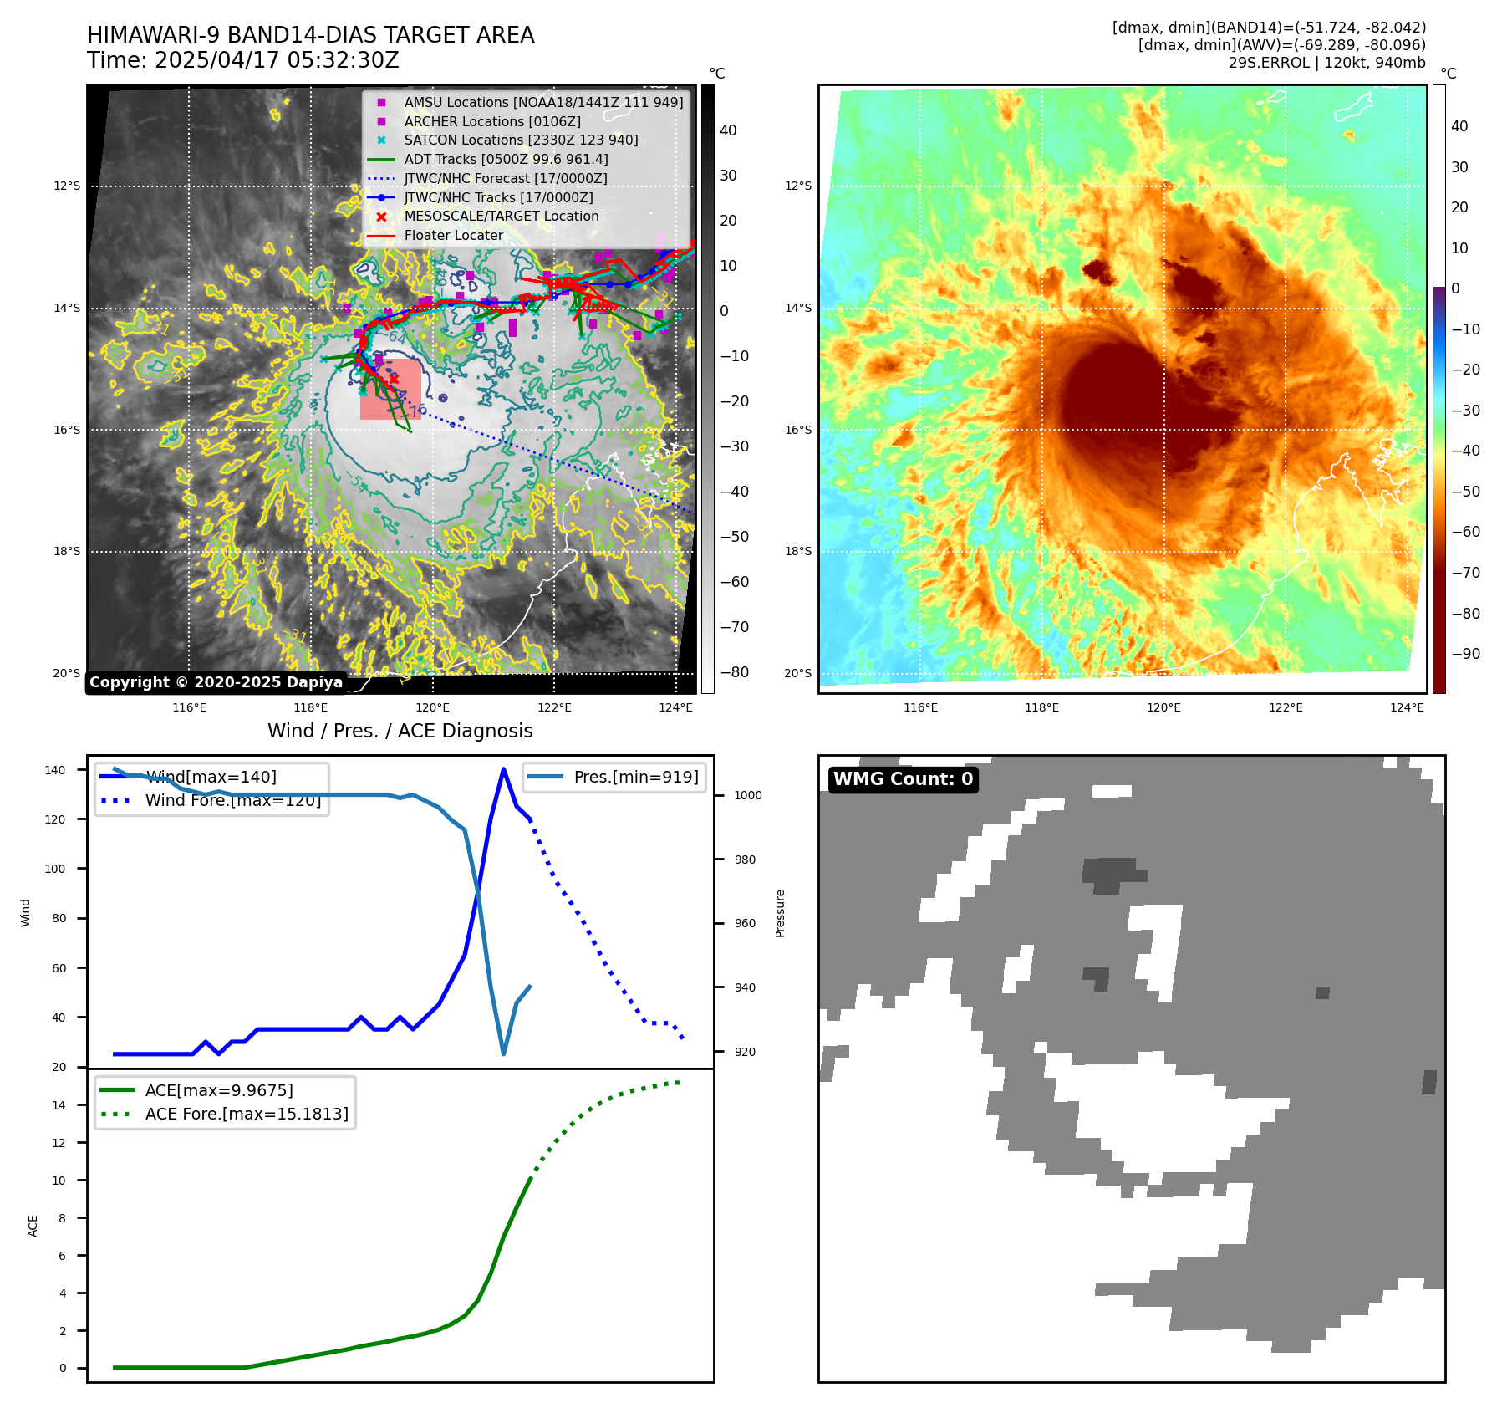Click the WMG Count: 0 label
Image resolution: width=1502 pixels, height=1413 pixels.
(903, 779)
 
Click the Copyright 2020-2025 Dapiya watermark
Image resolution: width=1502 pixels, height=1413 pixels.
(216, 682)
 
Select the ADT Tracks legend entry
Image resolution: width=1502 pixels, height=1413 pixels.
(506, 159)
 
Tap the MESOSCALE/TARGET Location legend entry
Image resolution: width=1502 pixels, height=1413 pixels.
(502, 216)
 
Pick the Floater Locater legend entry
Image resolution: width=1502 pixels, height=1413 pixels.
(453, 235)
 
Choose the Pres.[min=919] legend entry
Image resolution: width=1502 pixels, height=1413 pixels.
(635, 777)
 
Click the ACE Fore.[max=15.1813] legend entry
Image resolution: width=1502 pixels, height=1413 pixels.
(247, 1114)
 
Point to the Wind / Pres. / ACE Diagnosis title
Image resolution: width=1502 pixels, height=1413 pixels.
(400, 731)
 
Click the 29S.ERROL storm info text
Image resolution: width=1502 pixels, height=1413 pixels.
(1326, 63)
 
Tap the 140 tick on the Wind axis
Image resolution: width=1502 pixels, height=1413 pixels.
(55, 770)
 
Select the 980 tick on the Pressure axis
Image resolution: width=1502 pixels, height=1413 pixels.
(748, 860)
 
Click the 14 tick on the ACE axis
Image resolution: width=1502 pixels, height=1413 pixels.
(59, 1105)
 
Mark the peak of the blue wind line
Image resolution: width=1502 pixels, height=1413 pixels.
(503, 769)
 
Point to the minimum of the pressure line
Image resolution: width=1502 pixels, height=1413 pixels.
(503, 1053)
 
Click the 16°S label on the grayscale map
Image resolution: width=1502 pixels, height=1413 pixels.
(67, 430)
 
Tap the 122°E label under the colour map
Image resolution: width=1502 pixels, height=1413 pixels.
(1286, 707)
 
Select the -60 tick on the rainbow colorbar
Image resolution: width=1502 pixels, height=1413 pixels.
(1465, 532)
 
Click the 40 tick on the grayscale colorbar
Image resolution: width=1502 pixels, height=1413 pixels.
(728, 130)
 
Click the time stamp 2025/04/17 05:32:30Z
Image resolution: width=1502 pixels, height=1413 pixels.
(277, 61)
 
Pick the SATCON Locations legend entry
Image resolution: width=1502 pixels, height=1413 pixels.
(521, 140)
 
